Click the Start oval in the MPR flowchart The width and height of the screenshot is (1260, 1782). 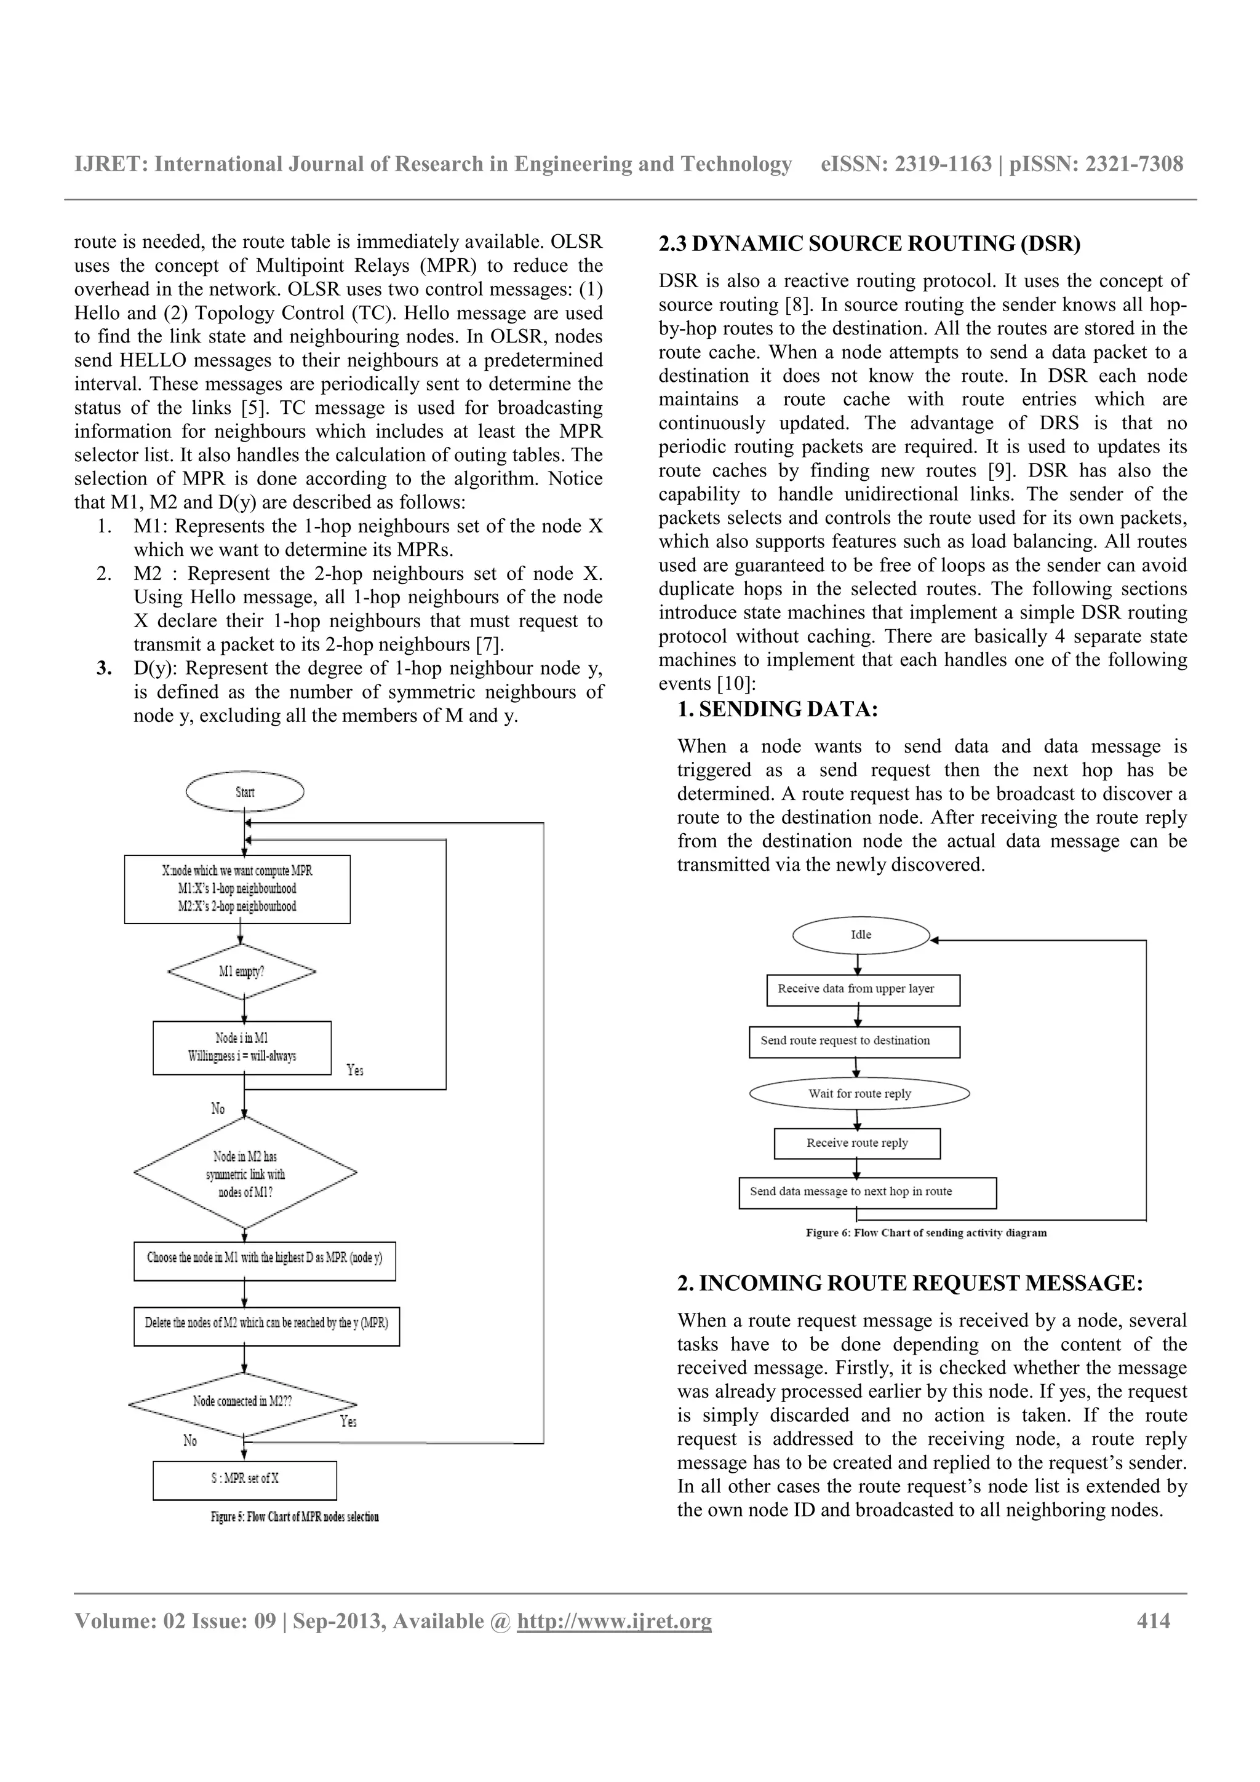[x=244, y=791]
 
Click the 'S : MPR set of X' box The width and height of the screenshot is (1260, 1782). [x=244, y=1479]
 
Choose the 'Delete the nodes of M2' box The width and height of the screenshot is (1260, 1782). [x=266, y=1323]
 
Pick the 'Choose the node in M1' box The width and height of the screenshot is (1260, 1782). [x=264, y=1257]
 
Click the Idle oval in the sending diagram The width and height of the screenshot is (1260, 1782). [x=861, y=935]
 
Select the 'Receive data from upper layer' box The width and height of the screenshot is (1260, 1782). [x=863, y=989]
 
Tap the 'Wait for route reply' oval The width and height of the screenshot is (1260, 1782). [x=859, y=1093]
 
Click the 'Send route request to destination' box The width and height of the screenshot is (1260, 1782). [x=854, y=1042]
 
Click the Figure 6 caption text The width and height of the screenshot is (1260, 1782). [x=925, y=1232]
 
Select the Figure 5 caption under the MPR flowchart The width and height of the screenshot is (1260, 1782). [x=294, y=1516]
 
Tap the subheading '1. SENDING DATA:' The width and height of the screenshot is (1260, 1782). [x=777, y=710]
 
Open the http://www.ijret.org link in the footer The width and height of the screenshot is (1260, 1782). [x=614, y=1622]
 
